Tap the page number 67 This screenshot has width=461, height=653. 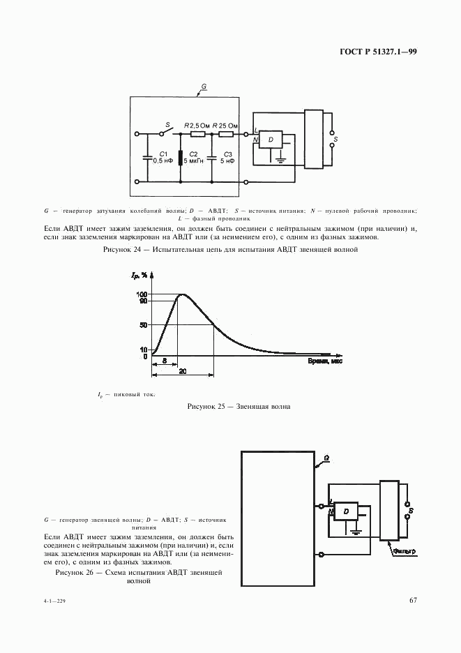pyautogui.click(x=412, y=600)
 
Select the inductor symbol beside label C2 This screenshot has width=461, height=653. pyautogui.click(x=181, y=158)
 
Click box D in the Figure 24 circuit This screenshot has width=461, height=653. pyautogui.click(x=271, y=140)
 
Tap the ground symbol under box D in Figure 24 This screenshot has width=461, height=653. pyautogui.click(x=279, y=160)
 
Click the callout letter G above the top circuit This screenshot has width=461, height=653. pyautogui.click(x=204, y=87)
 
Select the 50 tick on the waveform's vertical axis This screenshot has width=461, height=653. pyautogui.click(x=143, y=324)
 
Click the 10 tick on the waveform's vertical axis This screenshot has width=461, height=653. pyautogui.click(x=144, y=349)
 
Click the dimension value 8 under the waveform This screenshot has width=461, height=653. pyautogui.click(x=164, y=360)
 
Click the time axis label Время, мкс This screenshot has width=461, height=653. pyautogui.click(x=325, y=361)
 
